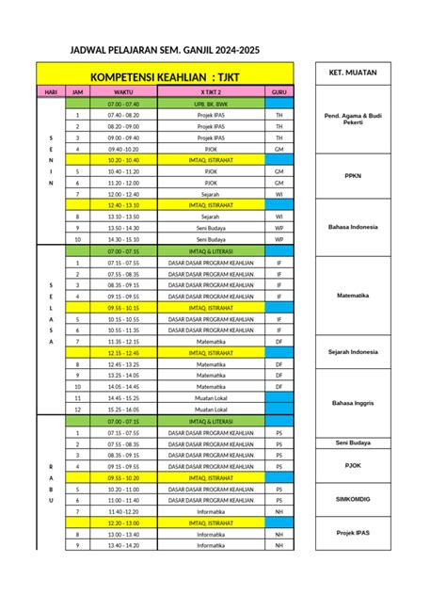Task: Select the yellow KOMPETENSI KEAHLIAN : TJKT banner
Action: [x=165, y=73]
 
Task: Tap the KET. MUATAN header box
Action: [x=347, y=72]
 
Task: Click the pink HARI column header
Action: [x=49, y=91]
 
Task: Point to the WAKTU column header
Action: [x=123, y=91]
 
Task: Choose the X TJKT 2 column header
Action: [x=217, y=91]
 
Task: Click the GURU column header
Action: [x=279, y=91]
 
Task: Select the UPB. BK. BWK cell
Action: [x=217, y=103]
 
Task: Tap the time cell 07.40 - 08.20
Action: [x=123, y=114]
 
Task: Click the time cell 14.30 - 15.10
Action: [x=123, y=239]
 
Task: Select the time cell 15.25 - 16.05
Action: [x=123, y=410]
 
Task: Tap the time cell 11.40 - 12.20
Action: [x=123, y=511]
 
